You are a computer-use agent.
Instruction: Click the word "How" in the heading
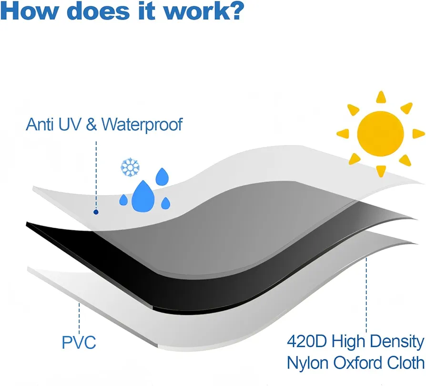pyautogui.click(x=30, y=11)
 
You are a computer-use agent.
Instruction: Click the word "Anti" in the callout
pyautogui.click(x=40, y=125)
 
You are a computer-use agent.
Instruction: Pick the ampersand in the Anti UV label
pyautogui.click(x=91, y=125)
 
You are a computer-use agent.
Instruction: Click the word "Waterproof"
pyautogui.click(x=142, y=125)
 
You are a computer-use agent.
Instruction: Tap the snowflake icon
pyautogui.click(x=130, y=167)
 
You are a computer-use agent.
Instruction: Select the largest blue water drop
pyautogui.click(x=143, y=197)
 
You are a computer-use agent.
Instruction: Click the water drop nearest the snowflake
pyautogui.click(x=162, y=177)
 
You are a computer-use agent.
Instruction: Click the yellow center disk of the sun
pyautogui.click(x=380, y=134)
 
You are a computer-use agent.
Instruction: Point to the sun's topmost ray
pyautogui.click(x=381, y=97)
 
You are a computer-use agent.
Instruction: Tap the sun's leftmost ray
pyautogui.click(x=343, y=134)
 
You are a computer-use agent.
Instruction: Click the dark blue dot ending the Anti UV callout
pyautogui.click(x=96, y=212)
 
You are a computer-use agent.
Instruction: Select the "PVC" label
pyautogui.click(x=79, y=343)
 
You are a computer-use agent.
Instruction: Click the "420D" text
pyautogui.click(x=307, y=341)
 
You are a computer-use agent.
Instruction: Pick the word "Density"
pyautogui.click(x=397, y=342)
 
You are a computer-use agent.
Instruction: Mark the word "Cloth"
pyautogui.click(x=406, y=363)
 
